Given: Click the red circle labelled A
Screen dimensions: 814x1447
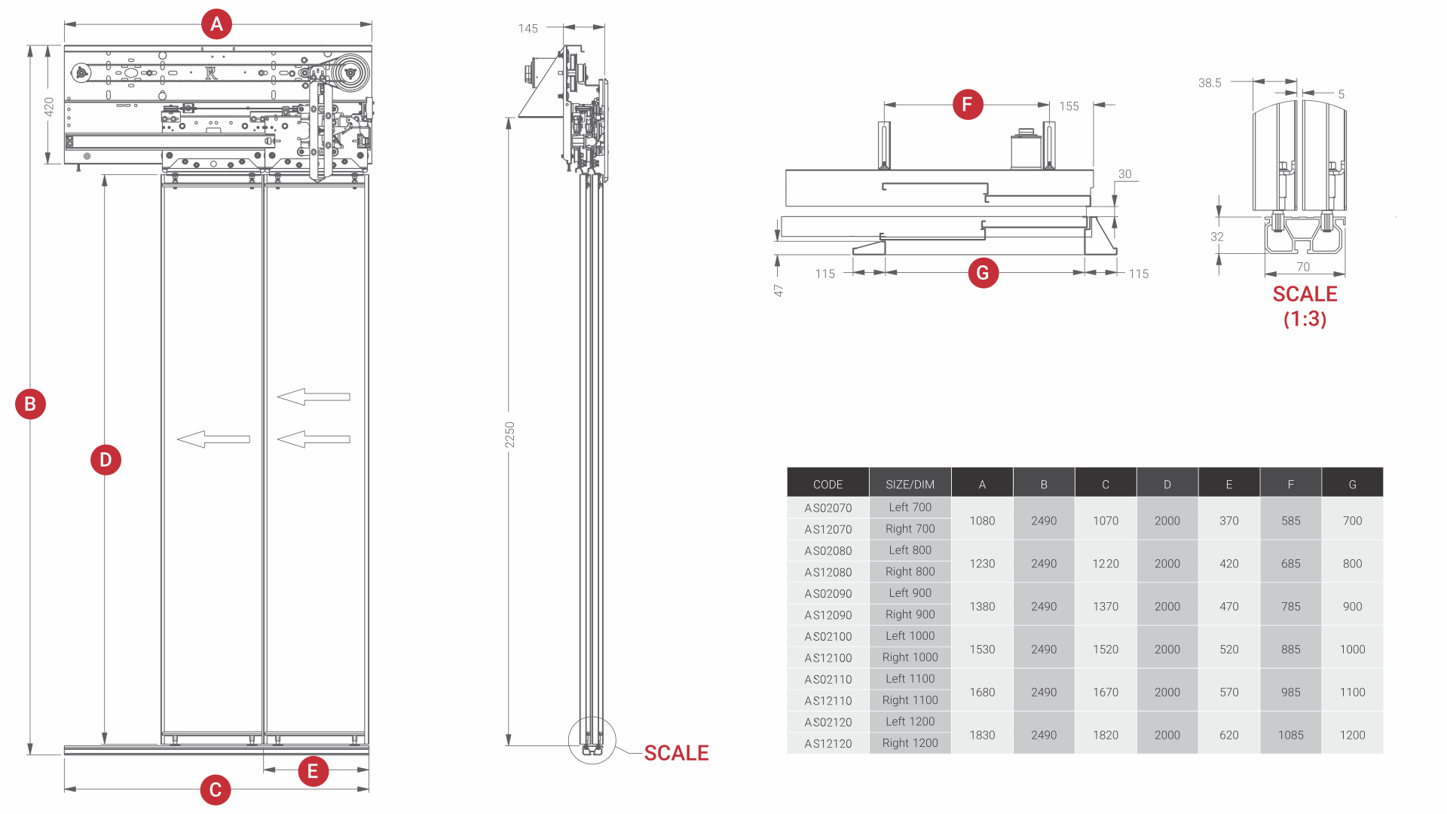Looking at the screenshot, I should (216, 24).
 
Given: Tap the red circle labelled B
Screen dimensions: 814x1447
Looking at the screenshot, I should (30, 404).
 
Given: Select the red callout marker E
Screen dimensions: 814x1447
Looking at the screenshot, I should (313, 771).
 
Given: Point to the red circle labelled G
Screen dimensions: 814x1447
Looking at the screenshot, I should (983, 273).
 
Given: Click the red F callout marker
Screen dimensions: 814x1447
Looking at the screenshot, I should (968, 104).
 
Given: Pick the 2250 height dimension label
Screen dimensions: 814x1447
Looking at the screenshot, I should (510, 435).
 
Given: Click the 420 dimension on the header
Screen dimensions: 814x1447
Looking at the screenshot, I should (49, 106).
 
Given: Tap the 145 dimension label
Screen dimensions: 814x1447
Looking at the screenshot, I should (528, 29).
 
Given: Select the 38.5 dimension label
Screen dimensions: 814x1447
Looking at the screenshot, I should (1210, 83).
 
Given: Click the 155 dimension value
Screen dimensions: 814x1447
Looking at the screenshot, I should (1069, 106).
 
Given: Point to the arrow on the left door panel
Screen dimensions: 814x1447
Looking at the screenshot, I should (213, 439).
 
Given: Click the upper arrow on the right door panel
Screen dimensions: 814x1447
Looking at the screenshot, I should (314, 396).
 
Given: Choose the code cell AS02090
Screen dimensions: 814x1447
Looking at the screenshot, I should (828, 594).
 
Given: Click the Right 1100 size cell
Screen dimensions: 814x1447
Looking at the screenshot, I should (910, 700).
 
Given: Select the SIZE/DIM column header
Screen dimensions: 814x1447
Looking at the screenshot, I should (910, 485).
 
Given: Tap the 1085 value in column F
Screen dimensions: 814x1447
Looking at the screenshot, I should (1290, 735).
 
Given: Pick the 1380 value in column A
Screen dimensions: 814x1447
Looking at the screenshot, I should (982, 606).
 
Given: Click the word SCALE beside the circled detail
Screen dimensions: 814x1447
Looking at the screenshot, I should (676, 753).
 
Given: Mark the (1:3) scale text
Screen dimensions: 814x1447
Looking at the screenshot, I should (1305, 319).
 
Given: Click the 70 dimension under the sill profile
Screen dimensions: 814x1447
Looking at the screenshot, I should (1303, 267).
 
